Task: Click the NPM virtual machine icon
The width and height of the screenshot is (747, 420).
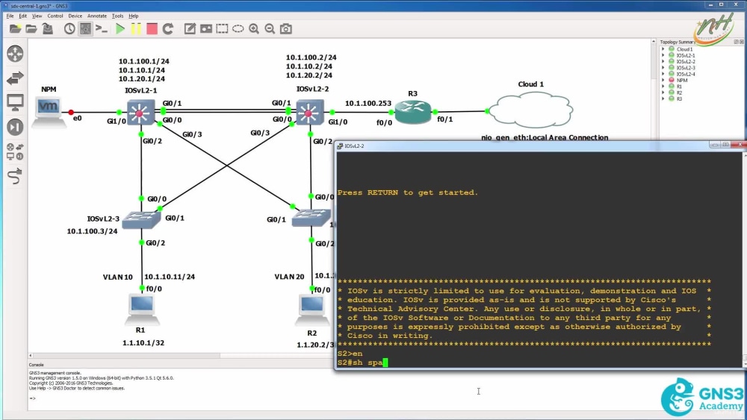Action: pyautogui.click(x=49, y=110)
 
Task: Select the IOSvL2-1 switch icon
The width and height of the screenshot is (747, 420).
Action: pyautogui.click(x=140, y=113)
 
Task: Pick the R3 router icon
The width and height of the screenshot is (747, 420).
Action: pyautogui.click(x=413, y=113)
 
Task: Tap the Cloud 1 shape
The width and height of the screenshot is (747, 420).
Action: pyautogui.click(x=532, y=110)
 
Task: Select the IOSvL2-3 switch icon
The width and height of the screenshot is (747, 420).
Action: pyautogui.click(x=140, y=218)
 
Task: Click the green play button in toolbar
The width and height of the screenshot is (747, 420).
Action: pyautogui.click(x=120, y=29)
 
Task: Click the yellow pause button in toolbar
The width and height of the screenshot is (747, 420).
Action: pyautogui.click(x=136, y=29)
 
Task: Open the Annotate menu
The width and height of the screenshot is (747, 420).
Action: pyautogui.click(x=97, y=16)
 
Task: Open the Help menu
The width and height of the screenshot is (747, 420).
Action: pyautogui.click(x=134, y=16)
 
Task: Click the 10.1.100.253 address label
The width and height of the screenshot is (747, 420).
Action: pyautogui.click(x=368, y=103)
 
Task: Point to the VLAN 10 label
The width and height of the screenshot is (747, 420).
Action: pyautogui.click(x=117, y=277)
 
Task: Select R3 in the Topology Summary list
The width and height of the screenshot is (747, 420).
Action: pyautogui.click(x=679, y=98)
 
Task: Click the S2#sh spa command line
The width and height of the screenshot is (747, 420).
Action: pyautogui.click(x=362, y=363)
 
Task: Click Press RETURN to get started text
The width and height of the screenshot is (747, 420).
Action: pyautogui.click(x=407, y=192)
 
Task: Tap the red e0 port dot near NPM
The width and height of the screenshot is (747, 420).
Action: pyautogui.click(x=72, y=113)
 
